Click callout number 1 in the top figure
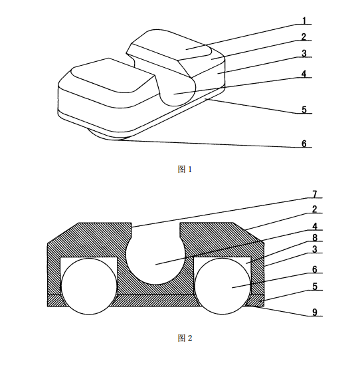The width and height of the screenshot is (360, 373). click(x=304, y=21)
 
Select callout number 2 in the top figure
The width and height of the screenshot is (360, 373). click(x=304, y=37)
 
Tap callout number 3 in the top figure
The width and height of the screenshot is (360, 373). click(x=304, y=54)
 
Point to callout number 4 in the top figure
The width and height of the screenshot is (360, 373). click(x=304, y=74)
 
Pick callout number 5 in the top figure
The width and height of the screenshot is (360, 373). click(x=304, y=110)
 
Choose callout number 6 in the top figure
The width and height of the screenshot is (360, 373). click(x=304, y=144)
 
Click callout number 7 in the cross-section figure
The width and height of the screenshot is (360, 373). click(x=315, y=194)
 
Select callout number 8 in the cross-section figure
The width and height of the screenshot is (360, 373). click(x=315, y=237)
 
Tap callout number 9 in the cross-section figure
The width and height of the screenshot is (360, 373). click(x=315, y=312)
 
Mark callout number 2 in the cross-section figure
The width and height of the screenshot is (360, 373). click(x=315, y=209)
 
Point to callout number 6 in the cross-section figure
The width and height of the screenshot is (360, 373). click(x=315, y=269)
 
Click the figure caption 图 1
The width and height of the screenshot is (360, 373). click(x=185, y=169)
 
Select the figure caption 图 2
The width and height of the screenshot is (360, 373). click(x=185, y=338)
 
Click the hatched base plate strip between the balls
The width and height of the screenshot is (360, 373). click(x=155, y=301)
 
